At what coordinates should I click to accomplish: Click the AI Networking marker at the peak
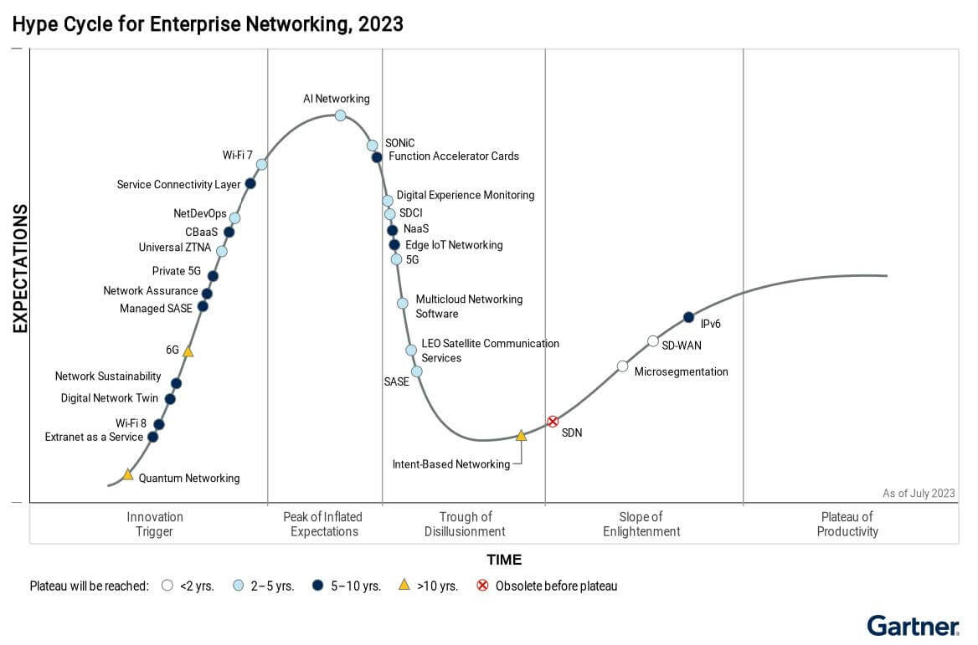click(341, 115)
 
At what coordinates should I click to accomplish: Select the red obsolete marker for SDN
click(553, 422)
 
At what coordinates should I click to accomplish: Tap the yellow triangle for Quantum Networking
click(128, 474)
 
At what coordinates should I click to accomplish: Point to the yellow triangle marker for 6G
click(188, 351)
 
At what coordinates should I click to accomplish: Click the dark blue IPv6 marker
click(688, 317)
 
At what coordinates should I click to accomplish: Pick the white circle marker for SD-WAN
click(653, 340)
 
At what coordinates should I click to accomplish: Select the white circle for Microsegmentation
click(622, 366)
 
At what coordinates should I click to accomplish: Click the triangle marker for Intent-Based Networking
click(521, 435)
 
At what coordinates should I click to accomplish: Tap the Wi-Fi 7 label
click(237, 155)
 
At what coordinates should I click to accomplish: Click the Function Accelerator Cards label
click(454, 156)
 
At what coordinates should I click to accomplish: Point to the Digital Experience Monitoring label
click(465, 195)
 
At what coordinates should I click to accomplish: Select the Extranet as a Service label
click(94, 437)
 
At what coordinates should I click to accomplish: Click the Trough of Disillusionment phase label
click(465, 524)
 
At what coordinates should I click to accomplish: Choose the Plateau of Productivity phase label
click(847, 524)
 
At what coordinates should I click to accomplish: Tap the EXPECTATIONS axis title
click(20, 269)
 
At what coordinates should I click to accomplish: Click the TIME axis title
click(504, 560)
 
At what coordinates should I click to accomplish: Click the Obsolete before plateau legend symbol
click(482, 586)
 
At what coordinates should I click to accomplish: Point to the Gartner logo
click(913, 625)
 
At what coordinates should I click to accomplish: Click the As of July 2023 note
click(919, 494)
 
